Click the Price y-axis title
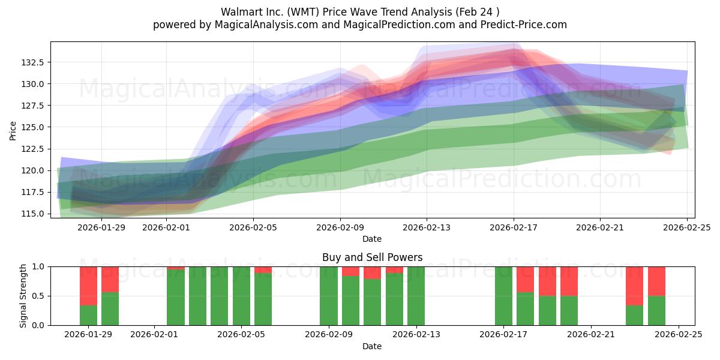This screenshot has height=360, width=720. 13,130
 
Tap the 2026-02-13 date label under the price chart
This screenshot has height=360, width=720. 427,227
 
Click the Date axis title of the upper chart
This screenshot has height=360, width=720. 372,239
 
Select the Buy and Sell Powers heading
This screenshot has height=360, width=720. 372,257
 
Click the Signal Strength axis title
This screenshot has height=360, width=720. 23,296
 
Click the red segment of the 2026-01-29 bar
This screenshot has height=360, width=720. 88,286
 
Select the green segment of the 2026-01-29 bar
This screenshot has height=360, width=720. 88,315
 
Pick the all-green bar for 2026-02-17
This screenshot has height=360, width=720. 503,296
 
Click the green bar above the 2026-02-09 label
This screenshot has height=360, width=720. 329,296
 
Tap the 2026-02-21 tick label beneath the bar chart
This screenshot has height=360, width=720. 591,335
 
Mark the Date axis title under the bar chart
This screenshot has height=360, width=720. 372,346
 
